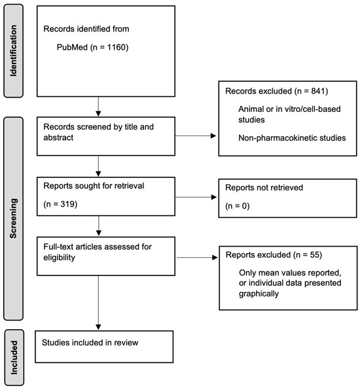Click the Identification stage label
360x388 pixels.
(13, 50)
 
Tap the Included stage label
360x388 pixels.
(14, 357)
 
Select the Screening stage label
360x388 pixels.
(13, 219)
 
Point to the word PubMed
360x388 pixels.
(72, 47)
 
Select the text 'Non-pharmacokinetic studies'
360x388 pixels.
(292, 138)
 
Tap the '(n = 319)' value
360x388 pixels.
(60, 204)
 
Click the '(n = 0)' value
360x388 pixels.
(237, 206)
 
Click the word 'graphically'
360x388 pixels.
(259, 294)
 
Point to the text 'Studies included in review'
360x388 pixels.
(90, 342)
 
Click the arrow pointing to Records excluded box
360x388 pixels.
(196, 135)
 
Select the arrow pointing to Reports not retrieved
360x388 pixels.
(196, 197)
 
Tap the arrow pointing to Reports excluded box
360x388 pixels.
(197, 258)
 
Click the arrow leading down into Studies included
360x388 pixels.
(98, 303)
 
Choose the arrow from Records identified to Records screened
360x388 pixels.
(98, 107)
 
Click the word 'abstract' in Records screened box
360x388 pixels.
(58, 137)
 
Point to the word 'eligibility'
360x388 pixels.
(59, 258)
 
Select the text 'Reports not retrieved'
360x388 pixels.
(264, 188)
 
